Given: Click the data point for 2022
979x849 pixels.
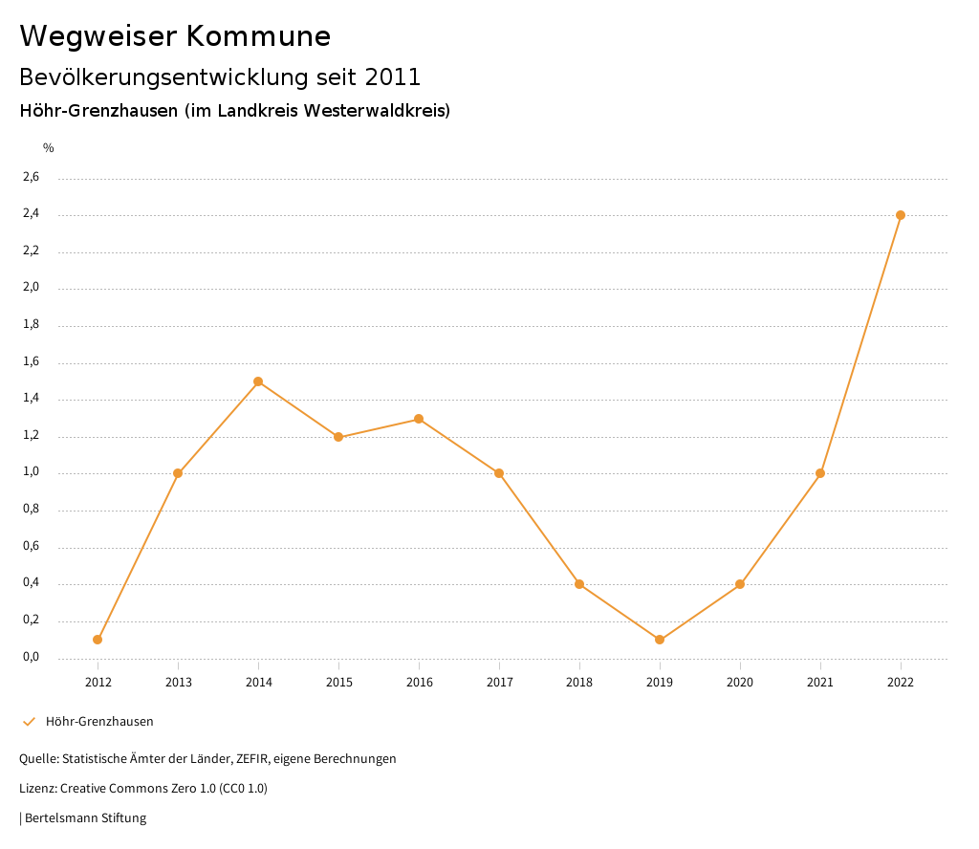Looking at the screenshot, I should click(x=901, y=215).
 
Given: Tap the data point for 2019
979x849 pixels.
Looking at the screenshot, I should click(x=660, y=640).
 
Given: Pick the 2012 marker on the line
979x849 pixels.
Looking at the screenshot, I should click(x=98, y=640).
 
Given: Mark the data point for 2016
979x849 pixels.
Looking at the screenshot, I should click(x=419, y=419).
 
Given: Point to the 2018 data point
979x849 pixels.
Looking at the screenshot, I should click(x=579, y=584).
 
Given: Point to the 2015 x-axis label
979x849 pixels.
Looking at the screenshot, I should click(x=338, y=683).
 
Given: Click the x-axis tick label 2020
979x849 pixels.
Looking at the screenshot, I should click(x=740, y=683).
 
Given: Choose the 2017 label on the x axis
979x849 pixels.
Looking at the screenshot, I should click(x=499, y=683).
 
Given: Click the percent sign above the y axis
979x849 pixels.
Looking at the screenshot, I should click(x=49, y=148).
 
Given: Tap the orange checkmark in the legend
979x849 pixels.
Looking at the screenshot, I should click(x=29, y=722).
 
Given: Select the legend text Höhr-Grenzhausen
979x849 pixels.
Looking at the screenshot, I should click(x=99, y=722).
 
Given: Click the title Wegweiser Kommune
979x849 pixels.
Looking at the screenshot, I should click(x=175, y=36).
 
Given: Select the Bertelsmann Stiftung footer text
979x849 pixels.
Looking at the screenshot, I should click(x=85, y=818).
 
